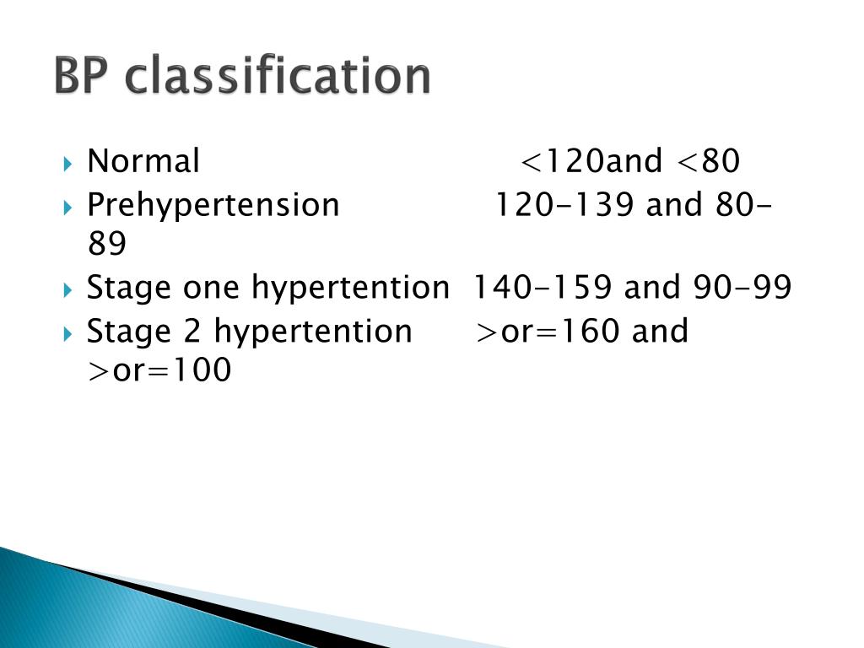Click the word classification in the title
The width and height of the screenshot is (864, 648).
[278, 78]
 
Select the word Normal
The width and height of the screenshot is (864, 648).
[143, 161]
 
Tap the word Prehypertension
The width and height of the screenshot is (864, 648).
[213, 205]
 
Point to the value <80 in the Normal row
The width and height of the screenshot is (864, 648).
[708, 161]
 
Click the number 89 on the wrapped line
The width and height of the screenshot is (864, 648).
[106, 246]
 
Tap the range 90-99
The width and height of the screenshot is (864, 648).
[742, 288]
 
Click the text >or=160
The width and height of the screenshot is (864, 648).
[549, 331]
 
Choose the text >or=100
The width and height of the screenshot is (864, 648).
[159, 371]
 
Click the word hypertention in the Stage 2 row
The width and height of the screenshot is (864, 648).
[313, 331]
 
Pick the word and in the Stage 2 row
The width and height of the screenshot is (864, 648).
[660, 331]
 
